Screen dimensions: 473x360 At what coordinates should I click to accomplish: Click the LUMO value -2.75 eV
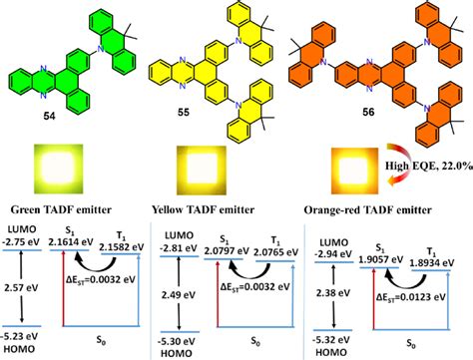[23, 242]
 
